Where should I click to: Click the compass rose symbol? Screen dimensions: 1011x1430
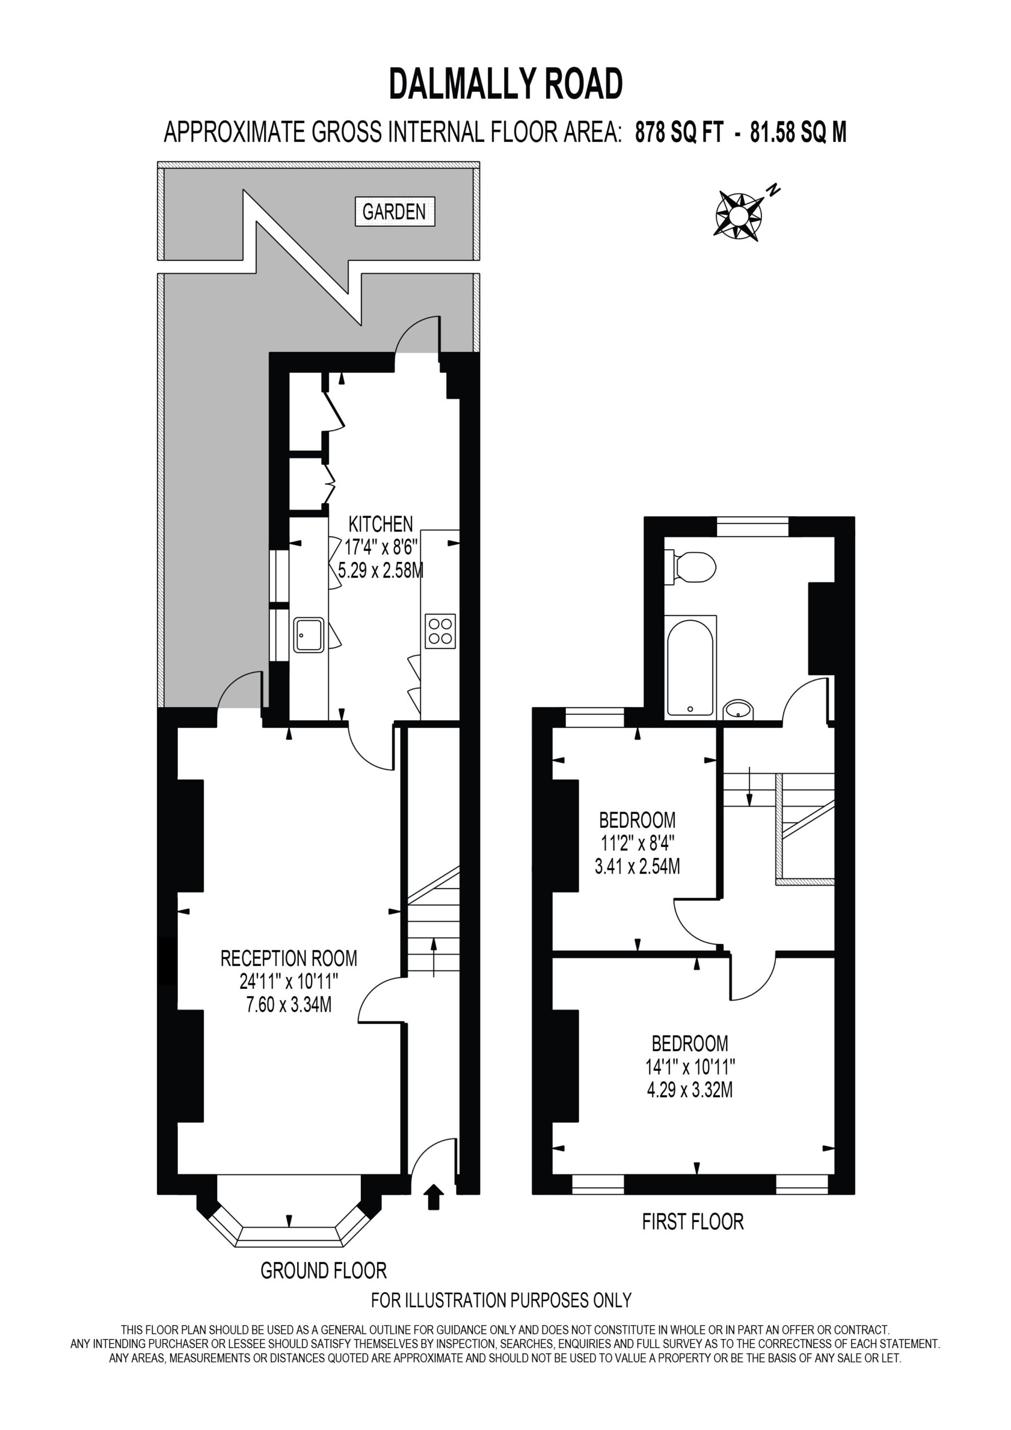pyautogui.click(x=739, y=215)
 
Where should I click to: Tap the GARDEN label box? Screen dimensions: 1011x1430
pyautogui.click(x=394, y=212)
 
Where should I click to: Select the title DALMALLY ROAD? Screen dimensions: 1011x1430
pyautogui.click(x=506, y=84)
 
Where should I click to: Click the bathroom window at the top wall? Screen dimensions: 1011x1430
pyautogui.click(x=752, y=527)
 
